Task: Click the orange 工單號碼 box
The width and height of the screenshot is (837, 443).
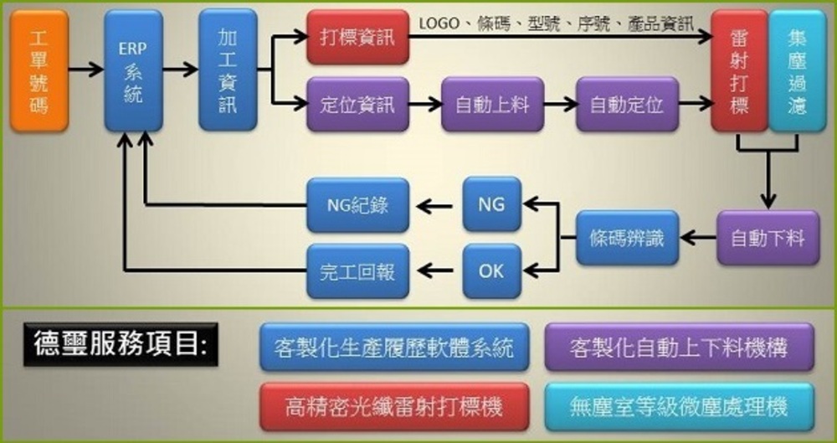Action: [39, 70]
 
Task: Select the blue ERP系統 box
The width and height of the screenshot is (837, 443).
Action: [133, 70]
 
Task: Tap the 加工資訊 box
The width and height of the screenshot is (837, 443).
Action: [227, 70]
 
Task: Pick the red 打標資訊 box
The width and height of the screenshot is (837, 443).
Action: [357, 38]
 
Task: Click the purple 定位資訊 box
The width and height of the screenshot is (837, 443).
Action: [357, 105]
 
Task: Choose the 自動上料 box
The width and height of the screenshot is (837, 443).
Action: [492, 105]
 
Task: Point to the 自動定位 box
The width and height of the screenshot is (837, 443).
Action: [627, 105]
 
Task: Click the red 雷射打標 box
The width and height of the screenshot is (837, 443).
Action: [739, 70]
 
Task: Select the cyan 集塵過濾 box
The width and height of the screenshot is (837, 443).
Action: [796, 70]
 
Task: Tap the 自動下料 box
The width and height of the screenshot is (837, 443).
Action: [768, 238]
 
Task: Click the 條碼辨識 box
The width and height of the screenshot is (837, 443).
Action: [627, 238]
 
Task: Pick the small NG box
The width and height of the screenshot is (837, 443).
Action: [491, 204]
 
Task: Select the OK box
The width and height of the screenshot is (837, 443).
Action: [491, 271]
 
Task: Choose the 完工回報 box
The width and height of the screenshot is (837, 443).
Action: [357, 271]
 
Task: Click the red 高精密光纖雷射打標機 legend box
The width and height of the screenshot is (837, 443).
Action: [394, 406]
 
